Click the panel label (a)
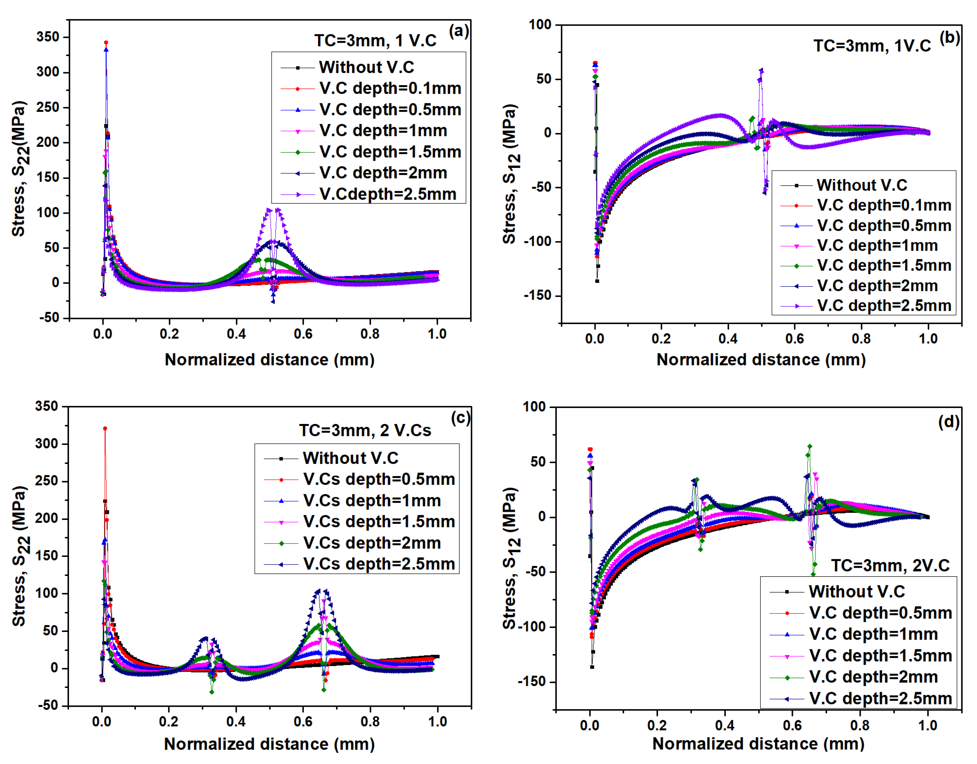pyautogui.click(x=458, y=31)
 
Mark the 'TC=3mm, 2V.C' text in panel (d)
pyautogui.click(x=890, y=565)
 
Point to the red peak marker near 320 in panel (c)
pyautogui.click(x=105, y=428)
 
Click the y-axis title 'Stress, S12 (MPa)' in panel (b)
pyautogui.click(x=510, y=175)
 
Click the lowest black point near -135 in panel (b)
pyautogui.click(x=597, y=281)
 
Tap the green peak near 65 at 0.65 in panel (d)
pyautogui.click(x=810, y=447)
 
